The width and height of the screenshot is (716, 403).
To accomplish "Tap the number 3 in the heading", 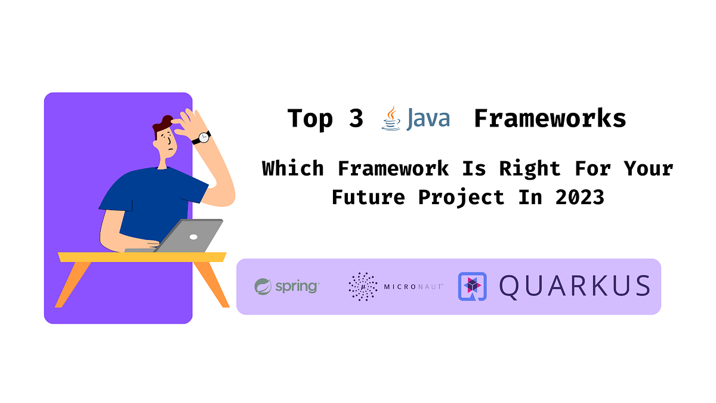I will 356,119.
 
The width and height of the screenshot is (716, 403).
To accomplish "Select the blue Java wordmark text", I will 428,119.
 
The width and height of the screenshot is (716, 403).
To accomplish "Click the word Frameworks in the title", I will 550,119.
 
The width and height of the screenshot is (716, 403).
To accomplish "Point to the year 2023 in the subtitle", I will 579,196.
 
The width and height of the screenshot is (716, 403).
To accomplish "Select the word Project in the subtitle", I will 461,196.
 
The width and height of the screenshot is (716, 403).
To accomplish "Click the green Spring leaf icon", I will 263,287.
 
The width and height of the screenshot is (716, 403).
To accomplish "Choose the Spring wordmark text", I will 297,287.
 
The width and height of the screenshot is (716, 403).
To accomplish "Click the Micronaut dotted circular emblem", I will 363,287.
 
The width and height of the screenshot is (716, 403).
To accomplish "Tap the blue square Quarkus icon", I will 473,286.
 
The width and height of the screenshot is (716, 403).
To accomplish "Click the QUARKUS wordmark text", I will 574,286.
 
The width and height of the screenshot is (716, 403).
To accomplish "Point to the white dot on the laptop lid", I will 193,237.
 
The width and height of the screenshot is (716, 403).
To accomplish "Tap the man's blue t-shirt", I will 149,197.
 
